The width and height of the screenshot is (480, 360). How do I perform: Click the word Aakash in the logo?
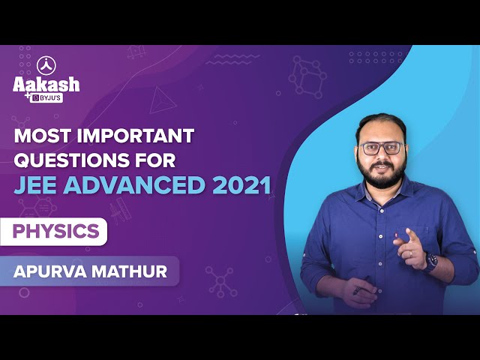[46, 84]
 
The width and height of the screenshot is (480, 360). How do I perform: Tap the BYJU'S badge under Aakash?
[46, 98]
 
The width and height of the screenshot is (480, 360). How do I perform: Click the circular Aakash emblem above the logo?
[46, 66]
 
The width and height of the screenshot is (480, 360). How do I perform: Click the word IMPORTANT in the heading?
[136, 136]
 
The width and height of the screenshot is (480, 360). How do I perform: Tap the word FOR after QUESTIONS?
[155, 160]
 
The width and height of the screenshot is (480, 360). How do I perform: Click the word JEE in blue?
[35, 185]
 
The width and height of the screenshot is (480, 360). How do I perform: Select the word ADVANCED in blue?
[133, 185]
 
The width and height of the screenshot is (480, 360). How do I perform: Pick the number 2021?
[241, 185]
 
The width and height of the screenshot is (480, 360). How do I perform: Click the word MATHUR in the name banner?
[129, 271]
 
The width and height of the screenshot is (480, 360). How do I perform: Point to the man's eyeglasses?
[382, 148]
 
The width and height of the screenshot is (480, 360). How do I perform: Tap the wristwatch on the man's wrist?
[431, 262]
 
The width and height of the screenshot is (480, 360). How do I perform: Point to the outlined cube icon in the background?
[307, 76]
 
